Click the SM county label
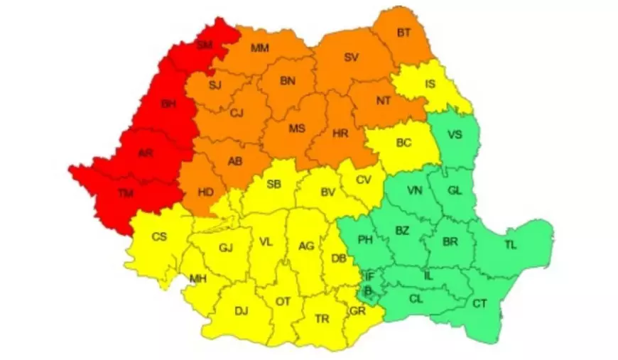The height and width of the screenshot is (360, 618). [205, 45]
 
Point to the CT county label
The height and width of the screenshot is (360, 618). [479, 304]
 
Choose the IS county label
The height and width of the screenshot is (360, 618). [430, 84]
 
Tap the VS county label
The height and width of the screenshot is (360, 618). [457, 133]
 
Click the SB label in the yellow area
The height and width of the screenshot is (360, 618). [273, 185]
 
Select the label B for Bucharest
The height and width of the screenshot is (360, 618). [368, 290]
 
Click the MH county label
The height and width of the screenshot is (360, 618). [197, 278]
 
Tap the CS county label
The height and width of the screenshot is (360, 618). [159, 236]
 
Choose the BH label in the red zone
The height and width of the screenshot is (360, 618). [168, 104]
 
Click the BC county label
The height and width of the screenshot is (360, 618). [403, 143]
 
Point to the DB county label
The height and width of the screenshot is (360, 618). [340, 258]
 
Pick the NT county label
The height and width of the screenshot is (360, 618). [384, 101]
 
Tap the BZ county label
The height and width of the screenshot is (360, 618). [402, 230]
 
